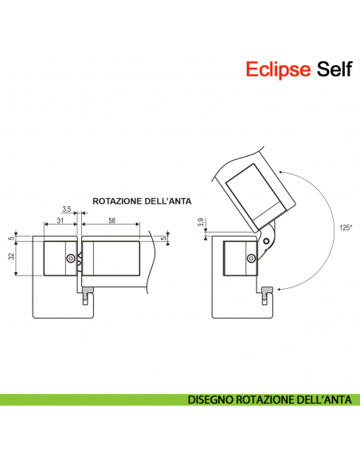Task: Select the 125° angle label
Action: pyautogui.click(x=345, y=227)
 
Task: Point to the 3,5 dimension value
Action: pyautogui.click(x=67, y=209)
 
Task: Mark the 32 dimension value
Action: pyautogui.click(x=10, y=256)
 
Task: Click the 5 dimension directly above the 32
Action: pyautogui.click(x=10, y=237)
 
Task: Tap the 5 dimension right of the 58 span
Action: pyautogui.click(x=164, y=237)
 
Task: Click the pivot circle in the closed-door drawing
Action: pyautogui.click(x=72, y=259)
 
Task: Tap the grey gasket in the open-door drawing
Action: pyautogui.click(x=268, y=290)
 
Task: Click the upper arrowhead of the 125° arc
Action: pyautogui.click(x=281, y=171)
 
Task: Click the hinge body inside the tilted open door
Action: pyautogui.click(x=254, y=190)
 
